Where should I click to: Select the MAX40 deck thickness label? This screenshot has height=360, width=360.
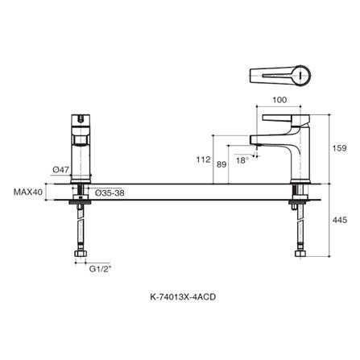click(x=28, y=193)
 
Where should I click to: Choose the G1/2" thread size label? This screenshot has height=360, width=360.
click(x=101, y=269)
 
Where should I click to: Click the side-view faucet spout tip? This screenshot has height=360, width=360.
click(x=254, y=141)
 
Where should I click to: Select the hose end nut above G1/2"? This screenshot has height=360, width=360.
click(x=81, y=257)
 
